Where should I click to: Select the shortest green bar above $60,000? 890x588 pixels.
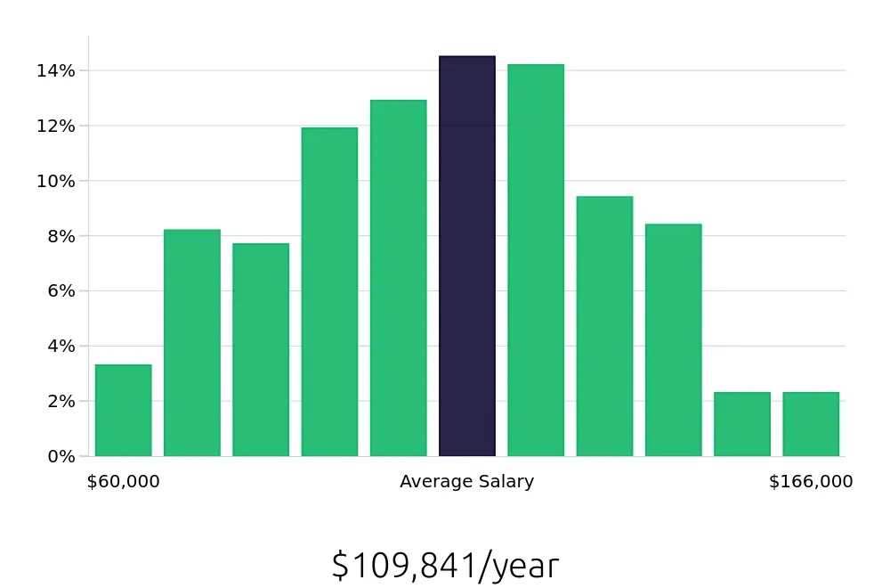123,411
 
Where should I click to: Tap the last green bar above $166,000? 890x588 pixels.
811,424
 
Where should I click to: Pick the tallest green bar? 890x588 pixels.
536,260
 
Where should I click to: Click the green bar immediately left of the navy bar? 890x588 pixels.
398,278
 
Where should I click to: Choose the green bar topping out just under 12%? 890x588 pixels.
329,292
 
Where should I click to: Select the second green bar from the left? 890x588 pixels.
192,343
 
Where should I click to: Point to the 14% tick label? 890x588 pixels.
55,70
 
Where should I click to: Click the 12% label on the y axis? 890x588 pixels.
55,126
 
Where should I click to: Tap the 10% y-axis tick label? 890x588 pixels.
55,181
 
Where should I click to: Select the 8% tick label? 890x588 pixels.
60,236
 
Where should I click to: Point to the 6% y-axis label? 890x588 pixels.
60,290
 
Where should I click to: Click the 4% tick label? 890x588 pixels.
60,346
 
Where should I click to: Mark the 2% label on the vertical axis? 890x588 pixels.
60,401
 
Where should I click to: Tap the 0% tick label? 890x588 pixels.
60,456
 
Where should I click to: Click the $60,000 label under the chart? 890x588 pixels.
124,482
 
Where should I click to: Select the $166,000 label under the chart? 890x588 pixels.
811,482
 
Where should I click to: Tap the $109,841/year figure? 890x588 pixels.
445,566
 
